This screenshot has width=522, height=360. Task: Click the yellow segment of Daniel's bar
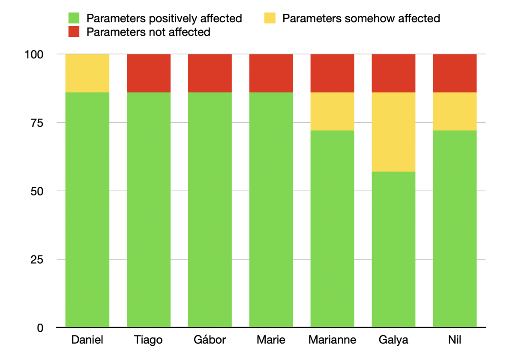(x=87, y=73)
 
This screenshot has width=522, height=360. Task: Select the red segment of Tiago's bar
(x=149, y=73)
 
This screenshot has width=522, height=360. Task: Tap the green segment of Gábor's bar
(x=210, y=210)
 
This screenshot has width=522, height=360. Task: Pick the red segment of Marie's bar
(x=271, y=73)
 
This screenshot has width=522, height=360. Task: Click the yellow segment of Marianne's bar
(x=333, y=111)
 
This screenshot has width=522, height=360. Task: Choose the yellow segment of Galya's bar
(x=393, y=132)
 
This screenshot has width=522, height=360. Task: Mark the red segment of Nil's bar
(x=455, y=73)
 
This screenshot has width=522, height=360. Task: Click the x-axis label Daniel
(x=87, y=340)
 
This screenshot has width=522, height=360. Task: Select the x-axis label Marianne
(x=333, y=340)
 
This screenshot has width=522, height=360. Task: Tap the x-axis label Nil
(x=455, y=340)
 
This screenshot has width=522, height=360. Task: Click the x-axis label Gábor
(x=210, y=340)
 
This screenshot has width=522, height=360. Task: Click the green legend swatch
(x=74, y=18)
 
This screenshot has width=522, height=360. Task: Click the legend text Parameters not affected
(x=148, y=32)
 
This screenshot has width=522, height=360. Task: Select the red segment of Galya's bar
(x=393, y=73)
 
